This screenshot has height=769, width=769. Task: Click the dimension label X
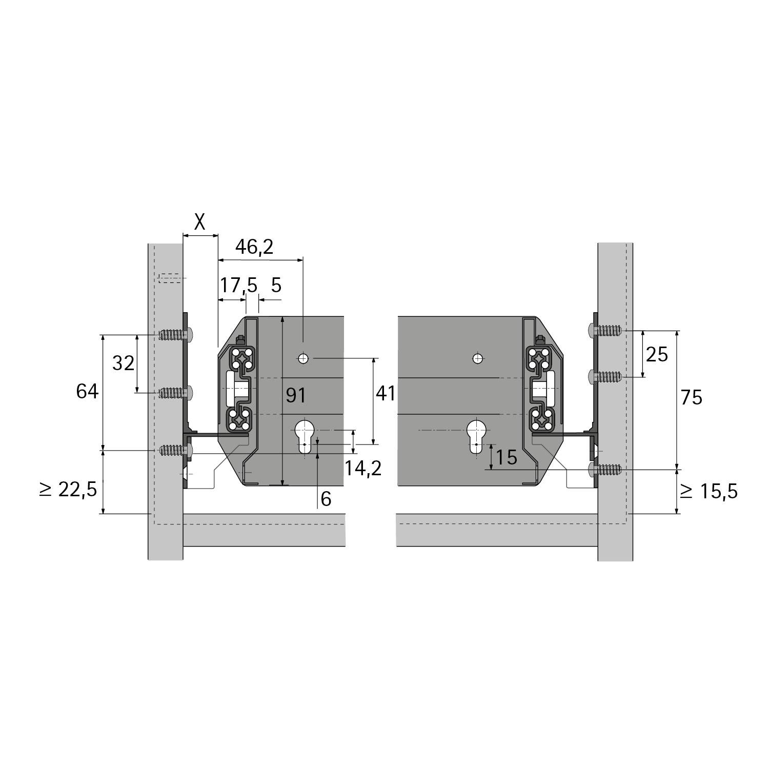coord(200,222)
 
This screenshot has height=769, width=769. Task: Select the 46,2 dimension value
coord(254,247)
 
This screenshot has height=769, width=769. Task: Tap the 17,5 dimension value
coord(238,286)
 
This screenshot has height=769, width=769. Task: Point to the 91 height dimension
coord(296,395)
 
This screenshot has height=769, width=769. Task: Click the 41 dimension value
coord(386,394)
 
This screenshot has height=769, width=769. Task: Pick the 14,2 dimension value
coord(362,468)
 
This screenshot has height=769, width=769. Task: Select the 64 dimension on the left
coord(87,392)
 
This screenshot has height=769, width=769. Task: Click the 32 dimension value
coord(123,363)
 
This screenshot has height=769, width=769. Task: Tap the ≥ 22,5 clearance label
coord(68,490)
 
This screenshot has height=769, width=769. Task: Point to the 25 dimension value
coord(657,354)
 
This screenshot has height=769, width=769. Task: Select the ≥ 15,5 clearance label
coord(709,492)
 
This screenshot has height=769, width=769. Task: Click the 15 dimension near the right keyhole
coord(507,457)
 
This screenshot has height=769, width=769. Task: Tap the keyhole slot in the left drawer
coord(305,436)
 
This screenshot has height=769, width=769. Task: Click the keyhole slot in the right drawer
coord(477,436)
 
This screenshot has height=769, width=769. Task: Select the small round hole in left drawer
coord(304,358)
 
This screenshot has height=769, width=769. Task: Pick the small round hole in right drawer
coord(478,358)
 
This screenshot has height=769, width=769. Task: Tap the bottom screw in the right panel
coord(605,469)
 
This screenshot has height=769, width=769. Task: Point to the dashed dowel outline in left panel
coord(170,278)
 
